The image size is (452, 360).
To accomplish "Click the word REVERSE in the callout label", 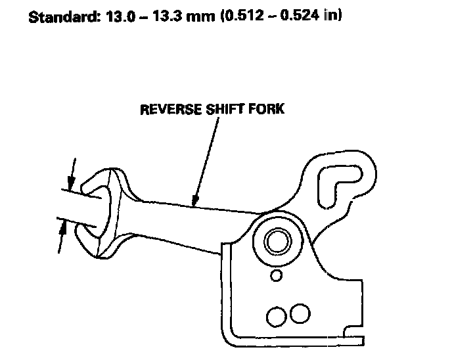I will click(x=168, y=108).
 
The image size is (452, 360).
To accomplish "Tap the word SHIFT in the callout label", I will click(x=221, y=108).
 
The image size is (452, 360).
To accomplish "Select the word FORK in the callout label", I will click(x=268, y=108).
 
